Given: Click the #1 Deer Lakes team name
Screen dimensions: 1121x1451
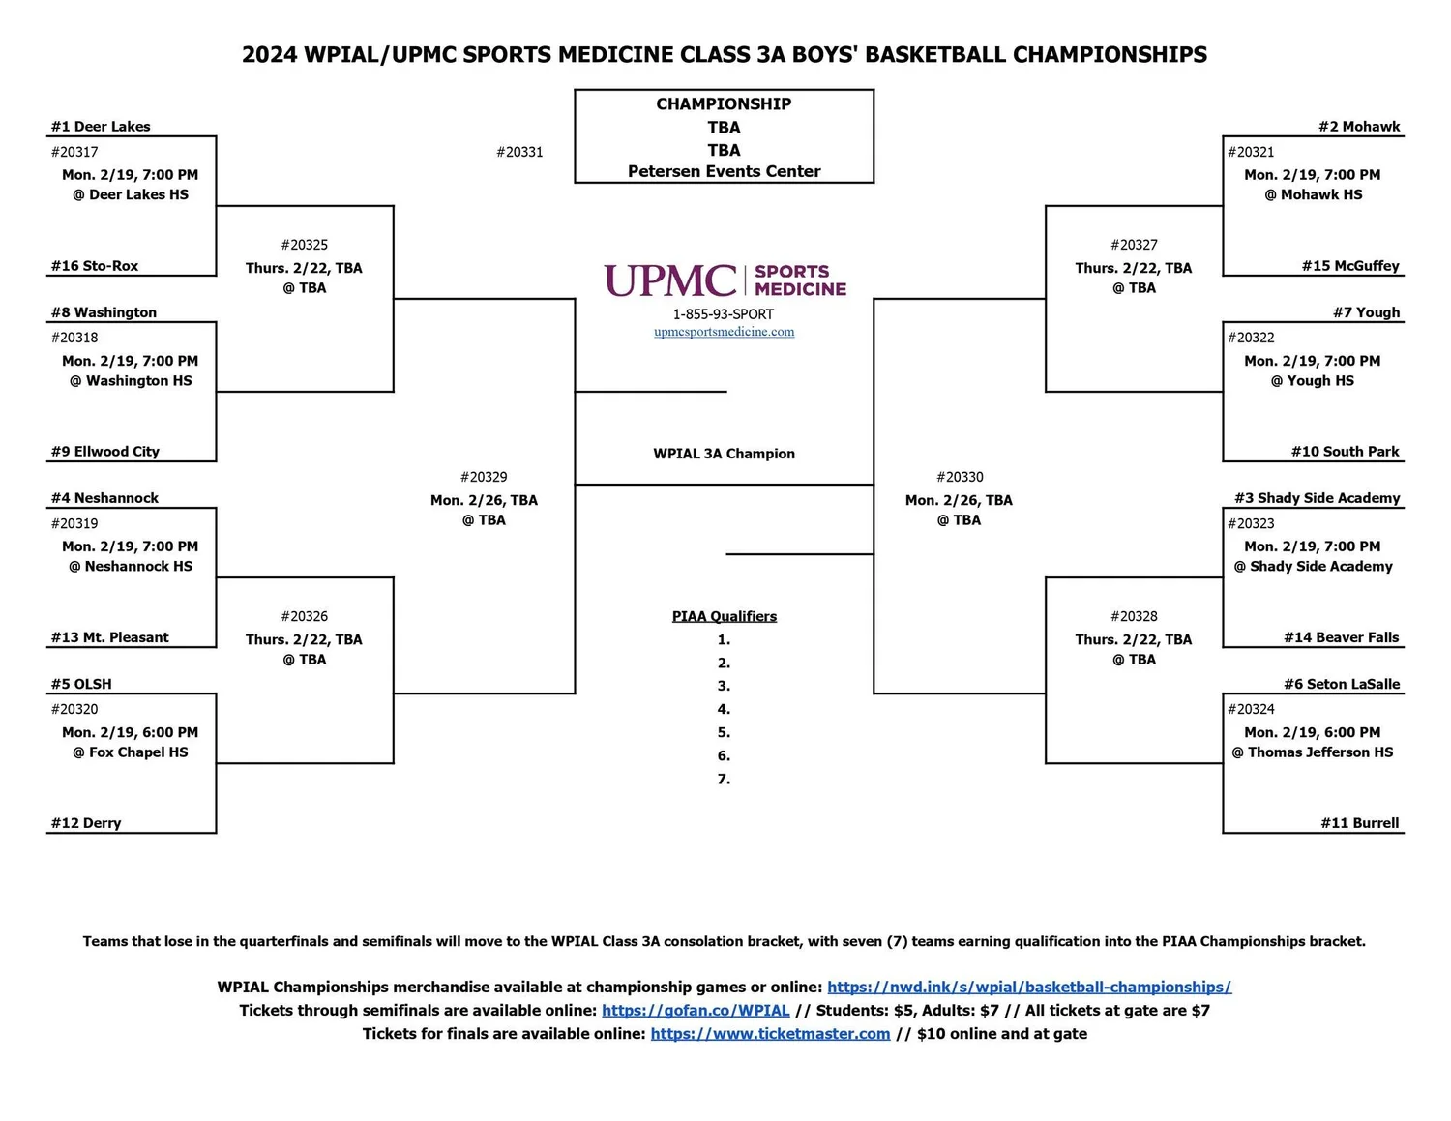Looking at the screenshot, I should coord(101,127).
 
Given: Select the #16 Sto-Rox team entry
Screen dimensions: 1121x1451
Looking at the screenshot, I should coord(95,266).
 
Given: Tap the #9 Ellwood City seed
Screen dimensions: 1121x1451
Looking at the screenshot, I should coord(105,452).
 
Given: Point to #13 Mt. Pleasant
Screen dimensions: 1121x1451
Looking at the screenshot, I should coord(109,637).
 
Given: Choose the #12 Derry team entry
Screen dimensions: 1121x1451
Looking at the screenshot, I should coord(86,823).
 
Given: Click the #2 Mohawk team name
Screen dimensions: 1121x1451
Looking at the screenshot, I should coord(1358,127).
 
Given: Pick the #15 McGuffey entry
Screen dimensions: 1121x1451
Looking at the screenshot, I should coord(1349,266).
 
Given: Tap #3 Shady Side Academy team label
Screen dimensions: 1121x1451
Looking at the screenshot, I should coord(1317,498).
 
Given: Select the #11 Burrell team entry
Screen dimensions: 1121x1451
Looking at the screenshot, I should coord(1359,823).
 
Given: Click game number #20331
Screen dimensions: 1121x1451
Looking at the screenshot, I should coord(519,152).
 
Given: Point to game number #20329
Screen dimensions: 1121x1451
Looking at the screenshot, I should coord(484,477).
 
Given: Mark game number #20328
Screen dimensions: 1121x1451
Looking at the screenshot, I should coord(1134,616).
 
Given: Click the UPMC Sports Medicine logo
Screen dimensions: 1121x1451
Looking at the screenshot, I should coord(725,280).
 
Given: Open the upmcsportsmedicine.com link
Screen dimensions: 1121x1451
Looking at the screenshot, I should coord(725,332).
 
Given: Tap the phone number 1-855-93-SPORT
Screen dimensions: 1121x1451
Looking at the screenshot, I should coord(724,314).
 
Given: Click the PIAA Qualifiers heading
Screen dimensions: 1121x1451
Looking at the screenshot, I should coord(725,616).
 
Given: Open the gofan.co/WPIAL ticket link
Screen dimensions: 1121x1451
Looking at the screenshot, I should coord(696,1011).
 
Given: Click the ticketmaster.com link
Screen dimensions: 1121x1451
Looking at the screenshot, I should coord(770,1034).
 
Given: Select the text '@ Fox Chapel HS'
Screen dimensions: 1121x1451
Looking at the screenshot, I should coord(131,752).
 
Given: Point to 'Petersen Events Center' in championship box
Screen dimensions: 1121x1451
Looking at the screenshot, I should coord(725,171).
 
